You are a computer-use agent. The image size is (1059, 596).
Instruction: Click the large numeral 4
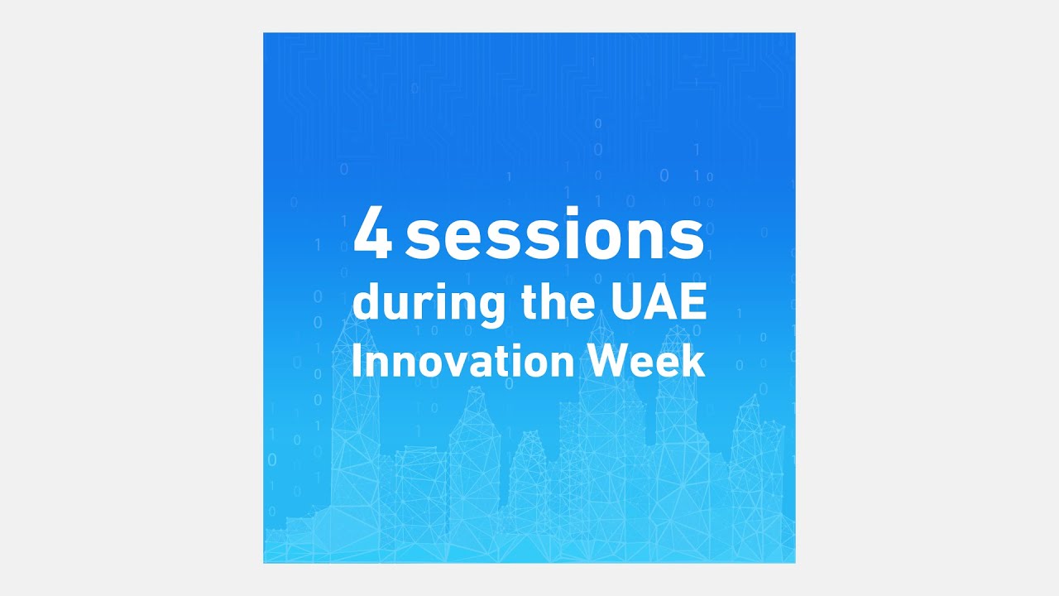371,236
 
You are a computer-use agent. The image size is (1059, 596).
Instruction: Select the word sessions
554,238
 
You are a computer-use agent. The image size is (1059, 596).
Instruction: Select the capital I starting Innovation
357,362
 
